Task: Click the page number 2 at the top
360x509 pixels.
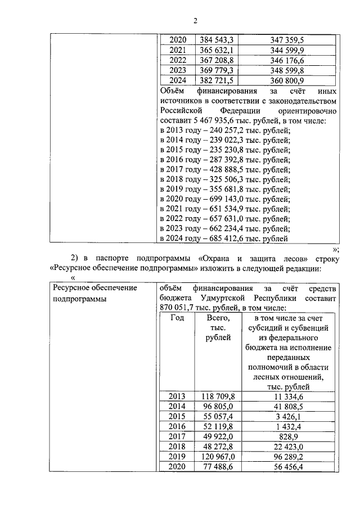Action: pos(195,21)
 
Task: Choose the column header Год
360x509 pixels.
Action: pos(177,318)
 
